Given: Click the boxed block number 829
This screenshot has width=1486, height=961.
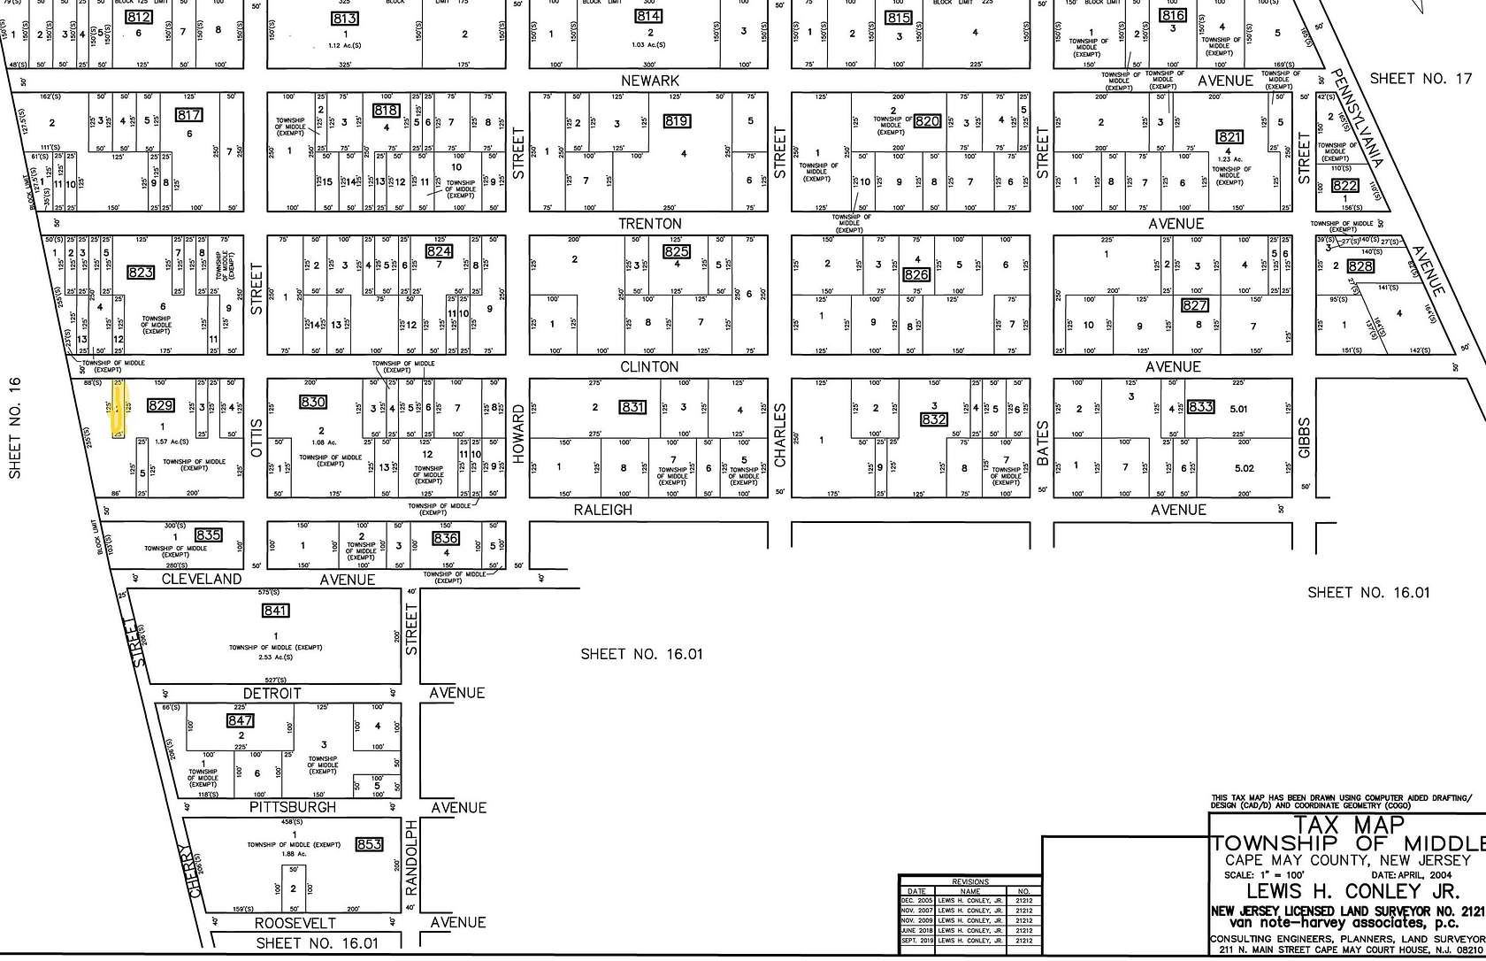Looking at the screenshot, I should pos(160,406).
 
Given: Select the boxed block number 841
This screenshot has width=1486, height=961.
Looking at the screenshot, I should pos(276,611).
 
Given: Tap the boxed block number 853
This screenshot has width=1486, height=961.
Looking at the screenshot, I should pos(369,844).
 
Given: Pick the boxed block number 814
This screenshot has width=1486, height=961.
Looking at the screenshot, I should pos(648,17).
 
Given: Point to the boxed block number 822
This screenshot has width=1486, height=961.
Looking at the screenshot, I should pos(1344,186).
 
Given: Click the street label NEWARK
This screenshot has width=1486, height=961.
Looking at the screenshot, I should pos(650,81).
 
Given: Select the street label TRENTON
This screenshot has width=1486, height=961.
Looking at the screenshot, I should pos(650,224).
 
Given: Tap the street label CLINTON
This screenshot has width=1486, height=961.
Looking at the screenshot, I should pos(650,366).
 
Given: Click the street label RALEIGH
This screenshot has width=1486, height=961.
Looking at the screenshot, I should pos(602,510).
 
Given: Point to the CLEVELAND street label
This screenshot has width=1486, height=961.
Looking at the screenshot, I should pos(201,580).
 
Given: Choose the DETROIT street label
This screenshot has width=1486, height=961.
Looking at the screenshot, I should pos(272,694).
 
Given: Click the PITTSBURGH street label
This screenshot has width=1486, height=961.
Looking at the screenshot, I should pos(293,808).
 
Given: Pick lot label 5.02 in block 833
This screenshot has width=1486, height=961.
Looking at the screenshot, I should pos(1244,468).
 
